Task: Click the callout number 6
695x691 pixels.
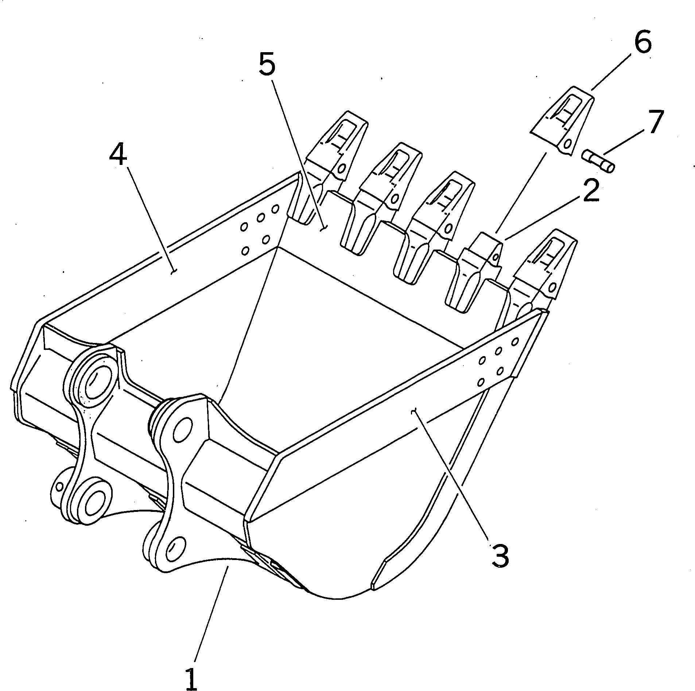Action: coord(643,43)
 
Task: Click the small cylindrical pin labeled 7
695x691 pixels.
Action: coord(598,161)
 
